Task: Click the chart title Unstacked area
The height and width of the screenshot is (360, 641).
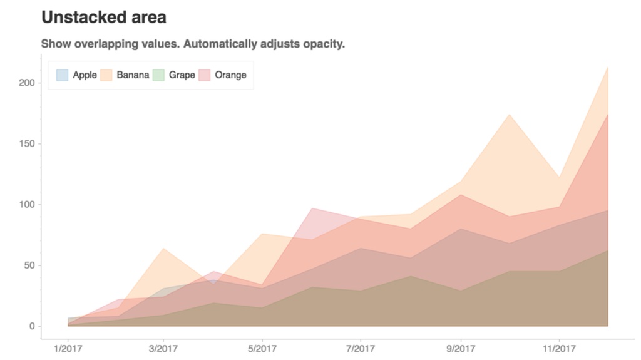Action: click(x=104, y=18)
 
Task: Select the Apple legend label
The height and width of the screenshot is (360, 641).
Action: click(x=85, y=75)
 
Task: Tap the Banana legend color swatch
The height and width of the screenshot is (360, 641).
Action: click(x=106, y=75)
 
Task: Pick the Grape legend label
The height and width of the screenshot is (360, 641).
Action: click(x=182, y=75)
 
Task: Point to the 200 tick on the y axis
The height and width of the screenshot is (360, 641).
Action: click(x=27, y=83)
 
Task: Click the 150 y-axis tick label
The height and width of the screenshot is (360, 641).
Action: click(x=27, y=143)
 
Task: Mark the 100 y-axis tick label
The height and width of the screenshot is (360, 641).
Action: click(x=27, y=204)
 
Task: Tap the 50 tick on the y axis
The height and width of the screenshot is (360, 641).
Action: click(x=29, y=265)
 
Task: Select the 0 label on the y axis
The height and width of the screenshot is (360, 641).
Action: click(x=31, y=326)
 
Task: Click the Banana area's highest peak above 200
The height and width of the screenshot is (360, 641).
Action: click(x=607, y=67)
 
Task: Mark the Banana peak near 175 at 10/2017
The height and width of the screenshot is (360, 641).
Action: click(x=509, y=114)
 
